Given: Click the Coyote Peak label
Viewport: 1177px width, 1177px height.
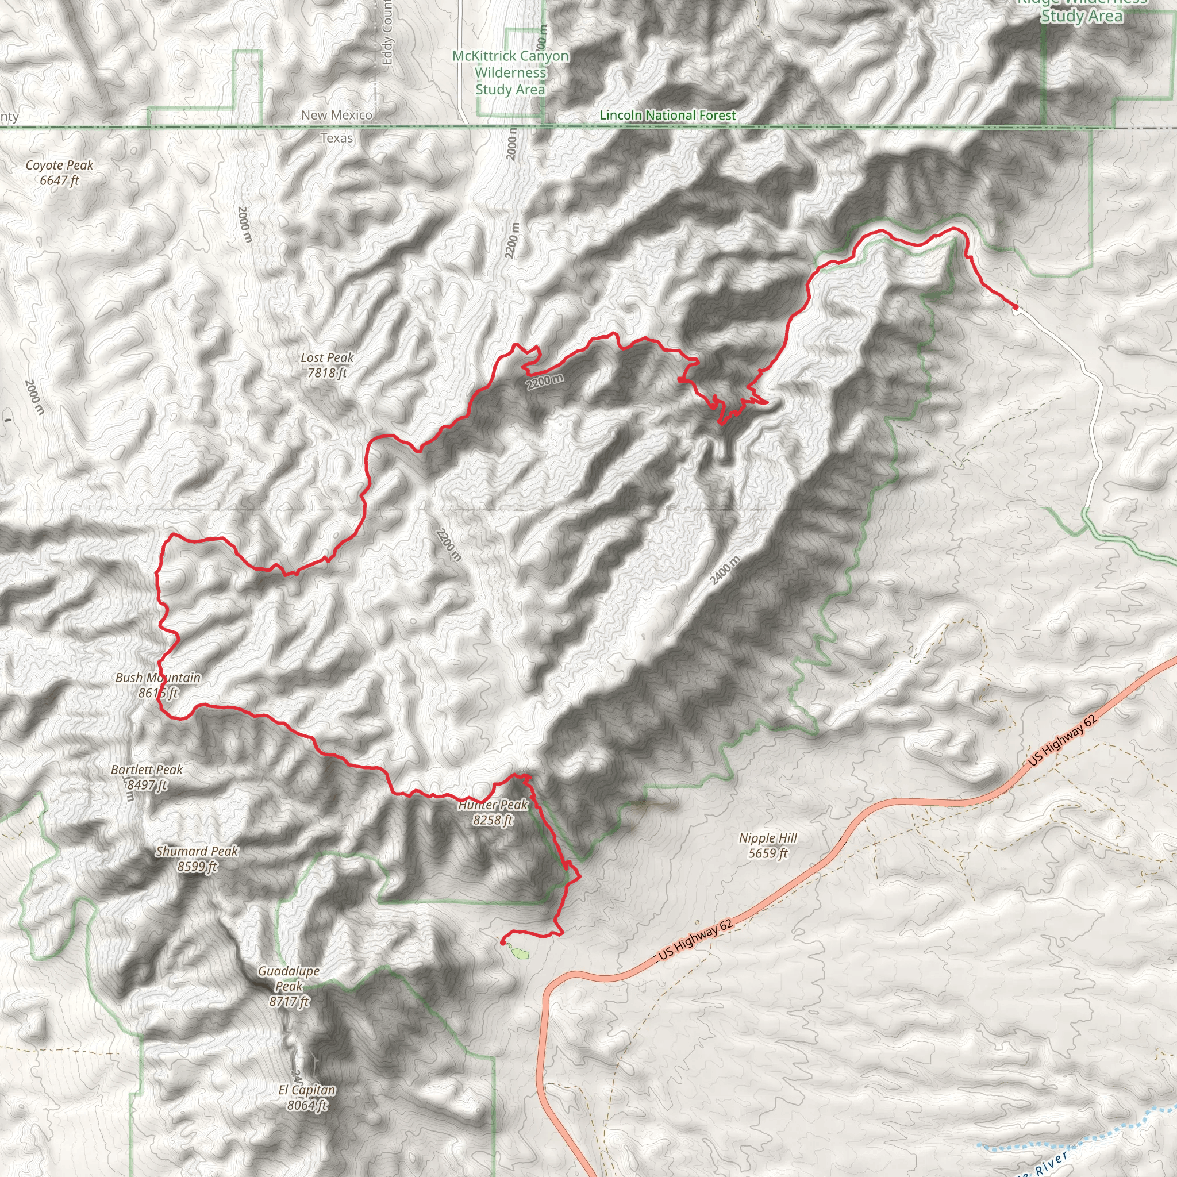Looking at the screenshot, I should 59,172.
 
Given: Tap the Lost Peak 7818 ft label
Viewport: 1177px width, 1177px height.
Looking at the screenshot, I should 327,365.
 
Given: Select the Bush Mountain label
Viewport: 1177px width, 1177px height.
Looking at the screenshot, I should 158,684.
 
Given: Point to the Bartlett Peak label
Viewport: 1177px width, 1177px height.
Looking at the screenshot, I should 147,777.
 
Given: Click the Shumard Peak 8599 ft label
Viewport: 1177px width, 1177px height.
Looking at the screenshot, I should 197,859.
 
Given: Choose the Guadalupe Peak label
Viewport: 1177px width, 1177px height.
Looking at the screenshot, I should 289,986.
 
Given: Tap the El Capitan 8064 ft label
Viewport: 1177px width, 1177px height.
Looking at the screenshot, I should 307,1097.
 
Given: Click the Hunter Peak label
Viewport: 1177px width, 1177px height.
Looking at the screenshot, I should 494,812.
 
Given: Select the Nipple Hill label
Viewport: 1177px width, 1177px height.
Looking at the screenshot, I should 768,845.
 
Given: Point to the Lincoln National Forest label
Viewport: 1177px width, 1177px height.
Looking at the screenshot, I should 668,115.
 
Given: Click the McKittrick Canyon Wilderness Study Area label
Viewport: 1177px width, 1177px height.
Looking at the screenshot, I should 510,72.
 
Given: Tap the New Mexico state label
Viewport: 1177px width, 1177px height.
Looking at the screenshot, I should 336,115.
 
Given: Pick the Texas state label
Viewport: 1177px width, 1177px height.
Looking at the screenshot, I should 336,139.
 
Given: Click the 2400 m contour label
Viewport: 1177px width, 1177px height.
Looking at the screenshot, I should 726,570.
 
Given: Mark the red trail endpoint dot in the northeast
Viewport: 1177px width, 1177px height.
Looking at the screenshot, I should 1015,307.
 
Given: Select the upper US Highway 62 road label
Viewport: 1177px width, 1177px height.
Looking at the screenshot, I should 1063,740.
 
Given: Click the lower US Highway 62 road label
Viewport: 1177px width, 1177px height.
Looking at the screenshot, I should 696,940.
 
